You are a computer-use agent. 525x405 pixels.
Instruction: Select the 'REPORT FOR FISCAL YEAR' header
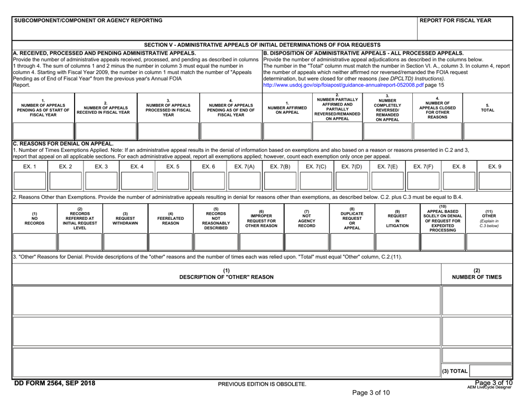460,20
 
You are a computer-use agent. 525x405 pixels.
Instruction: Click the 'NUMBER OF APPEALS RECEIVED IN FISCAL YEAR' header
105,108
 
